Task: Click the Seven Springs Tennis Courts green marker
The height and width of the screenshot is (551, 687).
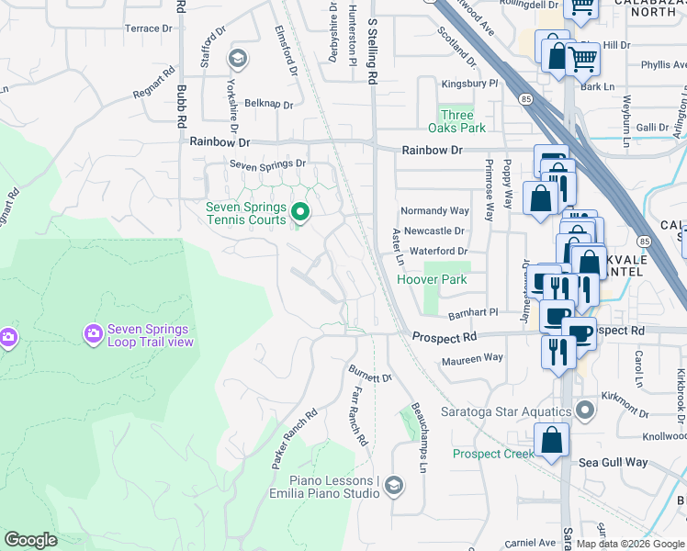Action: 299,214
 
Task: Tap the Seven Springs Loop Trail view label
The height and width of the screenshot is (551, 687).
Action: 150,335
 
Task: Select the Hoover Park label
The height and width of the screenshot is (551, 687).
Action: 433,279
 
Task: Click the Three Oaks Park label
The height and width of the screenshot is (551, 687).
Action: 456,121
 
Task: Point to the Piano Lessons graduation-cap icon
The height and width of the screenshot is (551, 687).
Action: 394,486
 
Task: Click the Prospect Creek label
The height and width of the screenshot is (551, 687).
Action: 493,454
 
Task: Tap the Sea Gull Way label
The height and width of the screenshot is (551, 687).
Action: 613,463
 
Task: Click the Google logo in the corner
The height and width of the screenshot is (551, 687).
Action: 31,540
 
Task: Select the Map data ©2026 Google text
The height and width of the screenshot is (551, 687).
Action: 630,544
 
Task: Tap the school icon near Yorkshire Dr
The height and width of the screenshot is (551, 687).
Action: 239,60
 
